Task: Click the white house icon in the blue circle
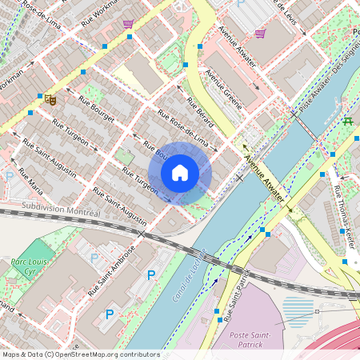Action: [x=180, y=173]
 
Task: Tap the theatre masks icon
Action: [x=50, y=98]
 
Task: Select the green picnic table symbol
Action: [x=347, y=121]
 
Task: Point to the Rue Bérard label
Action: [x=200, y=113]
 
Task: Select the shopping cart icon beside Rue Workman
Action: [x=128, y=23]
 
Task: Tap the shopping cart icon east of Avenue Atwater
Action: [x=260, y=33]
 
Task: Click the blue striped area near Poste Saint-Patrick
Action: [x=297, y=308]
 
